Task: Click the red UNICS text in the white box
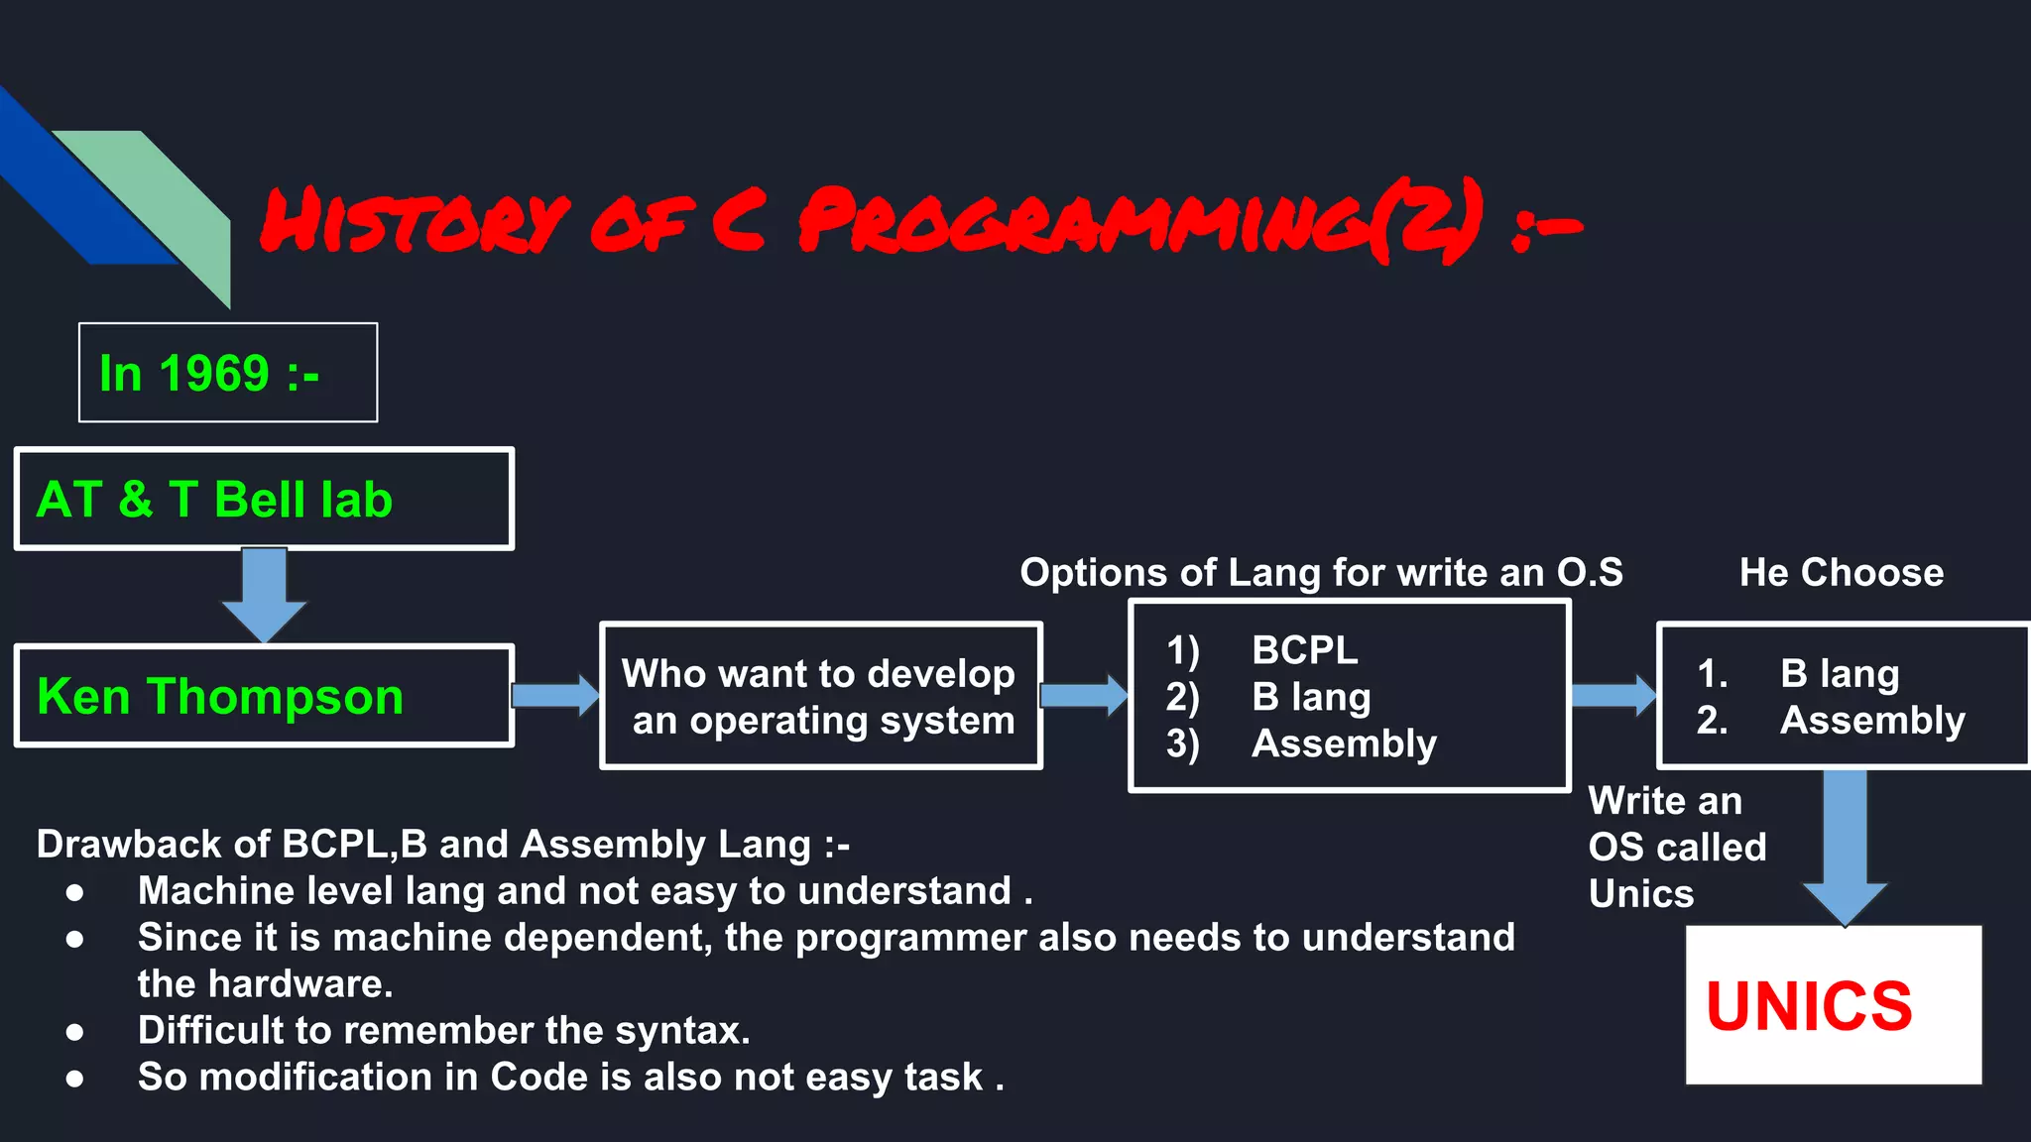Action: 1809,1006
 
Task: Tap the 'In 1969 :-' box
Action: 227,373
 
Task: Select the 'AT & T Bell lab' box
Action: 264,499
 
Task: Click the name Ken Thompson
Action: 220,696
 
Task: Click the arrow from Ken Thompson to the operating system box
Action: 555,695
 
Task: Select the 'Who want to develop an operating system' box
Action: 820,696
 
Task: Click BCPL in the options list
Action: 1304,650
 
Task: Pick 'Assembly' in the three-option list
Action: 1343,743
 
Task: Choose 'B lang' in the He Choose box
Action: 1839,674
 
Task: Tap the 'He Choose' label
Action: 1841,573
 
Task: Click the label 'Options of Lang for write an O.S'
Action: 1321,573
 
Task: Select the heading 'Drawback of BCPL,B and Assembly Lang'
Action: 442,845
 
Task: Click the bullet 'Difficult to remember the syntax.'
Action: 443,1031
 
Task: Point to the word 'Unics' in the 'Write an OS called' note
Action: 1640,894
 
